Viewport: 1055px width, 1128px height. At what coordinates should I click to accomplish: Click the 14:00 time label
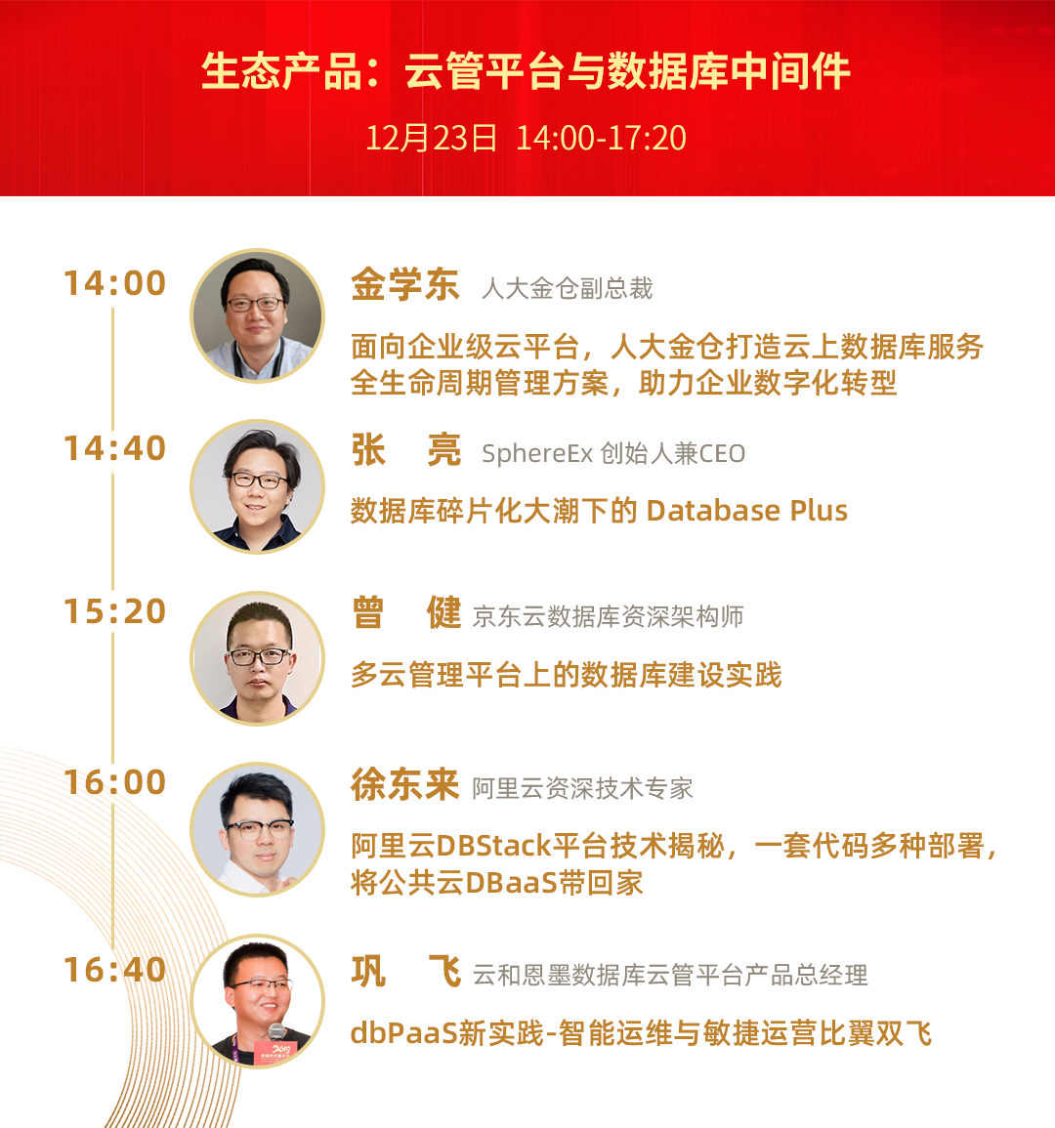pos(115,282)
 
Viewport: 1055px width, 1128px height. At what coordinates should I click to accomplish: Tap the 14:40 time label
pos(115,448)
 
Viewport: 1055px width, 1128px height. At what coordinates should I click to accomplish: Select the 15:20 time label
pos(115,611)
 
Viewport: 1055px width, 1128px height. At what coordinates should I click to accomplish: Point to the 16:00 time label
pos(115,782)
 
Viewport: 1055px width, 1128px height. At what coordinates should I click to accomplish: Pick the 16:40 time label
pos(115,970)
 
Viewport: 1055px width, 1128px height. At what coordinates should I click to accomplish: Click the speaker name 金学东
pos(405,284)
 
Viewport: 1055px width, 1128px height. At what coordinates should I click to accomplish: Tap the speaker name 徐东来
pos(405,784)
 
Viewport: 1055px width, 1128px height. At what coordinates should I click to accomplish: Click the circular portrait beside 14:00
pos(257,315)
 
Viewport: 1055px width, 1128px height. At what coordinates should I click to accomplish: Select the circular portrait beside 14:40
pos(257,486)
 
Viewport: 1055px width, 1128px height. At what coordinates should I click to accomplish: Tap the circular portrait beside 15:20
pos(257,657)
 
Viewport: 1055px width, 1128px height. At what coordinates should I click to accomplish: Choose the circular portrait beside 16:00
pos(257,829)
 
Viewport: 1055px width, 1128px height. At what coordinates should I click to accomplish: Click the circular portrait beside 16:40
pos(257,1001)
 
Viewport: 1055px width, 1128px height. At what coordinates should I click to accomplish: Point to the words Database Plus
pos(747,511)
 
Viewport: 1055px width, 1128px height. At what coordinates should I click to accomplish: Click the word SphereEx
pos(537,454)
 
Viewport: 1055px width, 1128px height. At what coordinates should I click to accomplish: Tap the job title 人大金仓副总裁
pos(568,288)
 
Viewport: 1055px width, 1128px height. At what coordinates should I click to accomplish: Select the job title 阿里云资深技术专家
pos(583,788)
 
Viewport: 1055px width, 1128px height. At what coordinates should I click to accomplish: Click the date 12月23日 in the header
pos(431,138)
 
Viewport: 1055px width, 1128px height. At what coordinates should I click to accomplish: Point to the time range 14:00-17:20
pos(602,138)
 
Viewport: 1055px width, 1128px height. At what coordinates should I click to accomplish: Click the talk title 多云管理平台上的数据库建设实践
pos(567,675)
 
